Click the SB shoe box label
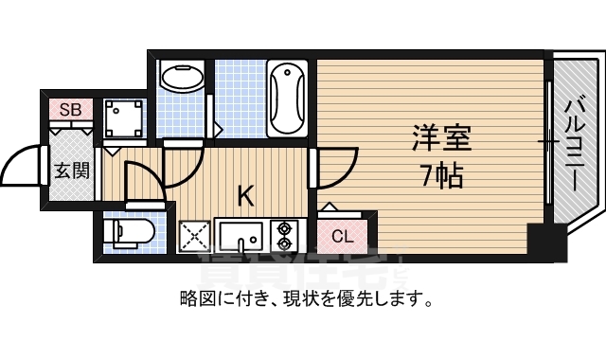[71, 110]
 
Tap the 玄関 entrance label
[71, 171]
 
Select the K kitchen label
[245, 197]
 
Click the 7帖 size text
[441, 176]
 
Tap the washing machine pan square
[122, 119]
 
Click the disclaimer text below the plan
[306, 301]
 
